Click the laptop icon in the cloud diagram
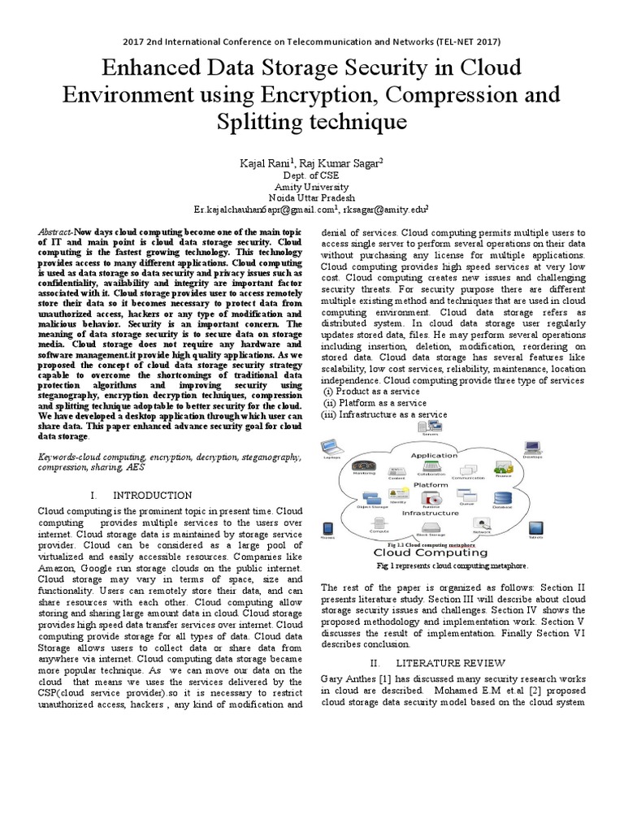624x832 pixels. [331, 447]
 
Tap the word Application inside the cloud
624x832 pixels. [435, 456]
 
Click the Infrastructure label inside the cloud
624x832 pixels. [431, 513]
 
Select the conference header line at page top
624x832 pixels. [311, 41]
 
